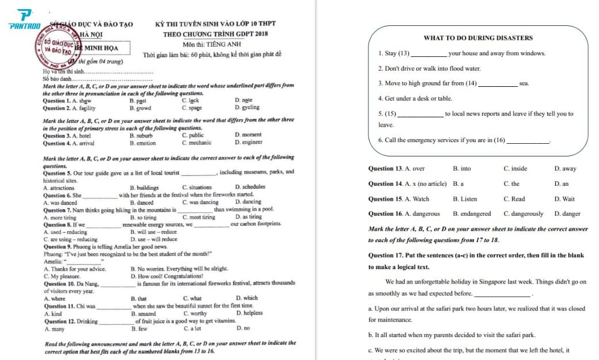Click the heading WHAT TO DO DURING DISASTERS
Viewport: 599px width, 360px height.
(478, 38)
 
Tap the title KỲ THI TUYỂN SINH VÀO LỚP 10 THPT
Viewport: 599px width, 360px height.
(216, 24)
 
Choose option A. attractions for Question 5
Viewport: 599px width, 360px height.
(59, 187)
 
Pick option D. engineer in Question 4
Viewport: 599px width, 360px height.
(248, 143)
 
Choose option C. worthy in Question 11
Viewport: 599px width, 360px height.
(195, 313)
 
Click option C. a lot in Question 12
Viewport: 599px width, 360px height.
(193, 328)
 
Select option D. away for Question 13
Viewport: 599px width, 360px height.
(565, 169)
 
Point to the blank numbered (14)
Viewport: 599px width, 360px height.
(498, 84)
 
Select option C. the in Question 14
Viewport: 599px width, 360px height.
(511, 184)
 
